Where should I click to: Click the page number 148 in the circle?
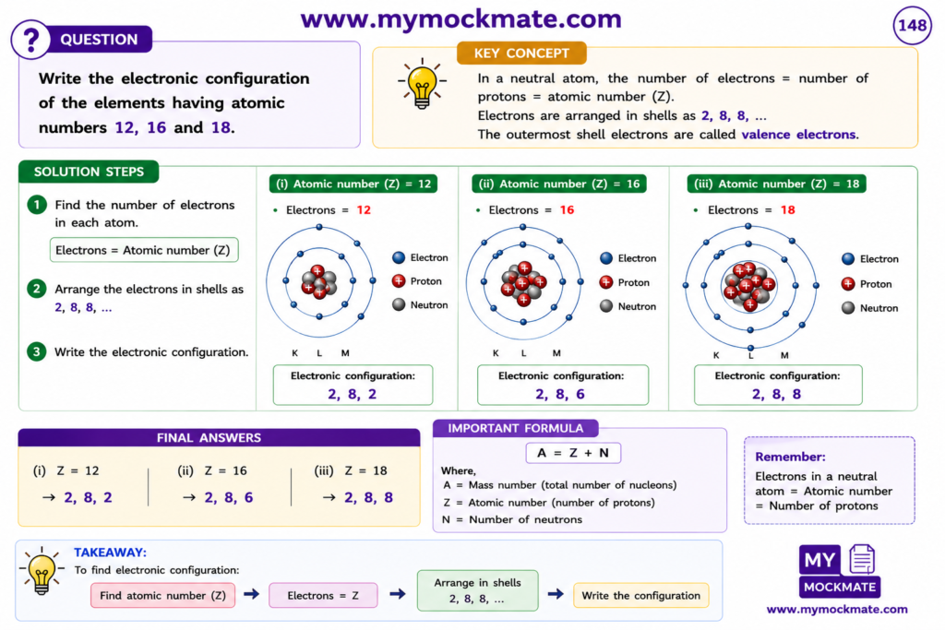[x=912, y=25]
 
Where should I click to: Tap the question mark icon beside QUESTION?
[x=30, y=40]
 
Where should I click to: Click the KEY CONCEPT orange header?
[x=521, y=53]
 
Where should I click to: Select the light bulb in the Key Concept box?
[x=422, y=84]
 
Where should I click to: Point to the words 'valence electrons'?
[x=798, y=135]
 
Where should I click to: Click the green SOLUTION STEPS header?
[x=89, y=172]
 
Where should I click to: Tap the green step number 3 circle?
[x=37, y=351]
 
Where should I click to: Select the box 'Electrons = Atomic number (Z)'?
[x=143, y=250]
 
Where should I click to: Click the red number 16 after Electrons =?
[x=567, y=210]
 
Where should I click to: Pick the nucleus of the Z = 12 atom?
[x=319, y=281]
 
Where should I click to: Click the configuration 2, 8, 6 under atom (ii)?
[x=560, y=394]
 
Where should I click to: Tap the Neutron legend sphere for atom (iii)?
[x=848, y=308]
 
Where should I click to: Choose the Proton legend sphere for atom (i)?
[x=399, y=281]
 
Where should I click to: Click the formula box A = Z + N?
[x=573, y=453]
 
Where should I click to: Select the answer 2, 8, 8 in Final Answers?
[x=368, y=497]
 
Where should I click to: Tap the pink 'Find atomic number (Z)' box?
[x=162, y=596]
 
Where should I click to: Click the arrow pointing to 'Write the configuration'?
[x=556, y=594]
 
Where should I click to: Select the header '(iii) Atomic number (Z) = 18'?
[x=776, y=184]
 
